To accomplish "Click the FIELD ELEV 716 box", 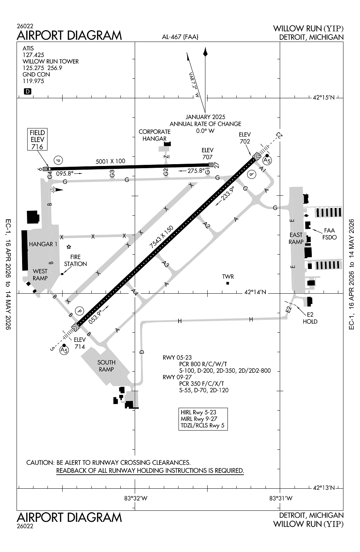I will click(37, 139).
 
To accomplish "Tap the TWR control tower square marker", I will click(227, 283).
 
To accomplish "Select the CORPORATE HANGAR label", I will click(155, 135).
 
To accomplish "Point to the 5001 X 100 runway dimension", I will click(110, 161).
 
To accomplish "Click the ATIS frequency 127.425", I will click(33, 55).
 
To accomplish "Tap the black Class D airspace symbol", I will click(27, 92).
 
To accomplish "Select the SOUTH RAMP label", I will click(106, 366).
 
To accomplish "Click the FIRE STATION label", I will click(75, 260).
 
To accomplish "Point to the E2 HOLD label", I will click(310, 318).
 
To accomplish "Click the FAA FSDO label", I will click(329, 234).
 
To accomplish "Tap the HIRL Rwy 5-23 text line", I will click(198, 412).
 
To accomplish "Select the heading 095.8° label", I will click(65, 173).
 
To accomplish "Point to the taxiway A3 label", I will click(166, 264).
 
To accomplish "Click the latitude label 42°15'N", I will click(324, 98).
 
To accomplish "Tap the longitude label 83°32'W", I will click(136, 498).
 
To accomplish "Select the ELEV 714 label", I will click(80, 343).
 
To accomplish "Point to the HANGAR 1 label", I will click(43, 244).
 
